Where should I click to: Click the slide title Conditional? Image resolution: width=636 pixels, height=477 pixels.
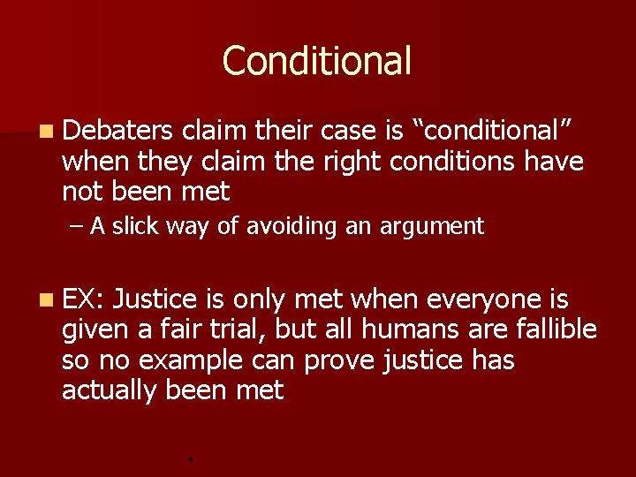point(317,61)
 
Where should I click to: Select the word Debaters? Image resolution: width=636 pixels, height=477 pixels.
point(117,131)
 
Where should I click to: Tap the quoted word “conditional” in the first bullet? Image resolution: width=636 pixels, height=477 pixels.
point(496,131)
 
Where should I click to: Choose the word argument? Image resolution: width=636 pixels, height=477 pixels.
point(432,227)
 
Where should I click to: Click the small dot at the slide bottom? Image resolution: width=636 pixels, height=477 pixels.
point(191,458)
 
